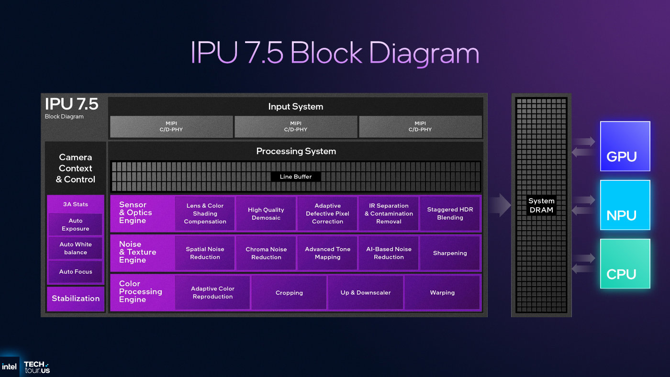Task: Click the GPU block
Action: [x=625, y=146]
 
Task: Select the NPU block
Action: [x=625, y=205]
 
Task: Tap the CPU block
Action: [x=625, y=264]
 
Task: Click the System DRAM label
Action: [x=541, y=205]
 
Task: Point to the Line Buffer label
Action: [x=296, y=177]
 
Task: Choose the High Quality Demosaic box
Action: [x=266, y=213]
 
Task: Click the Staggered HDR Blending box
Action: [x=450, y=213]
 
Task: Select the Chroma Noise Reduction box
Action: [x=266, y=253]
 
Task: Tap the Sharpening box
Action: [x=450, y=253]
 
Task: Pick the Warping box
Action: [x=442, y=292]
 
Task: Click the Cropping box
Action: [x=289, y=292]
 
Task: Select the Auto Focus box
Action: [x=76, y=272]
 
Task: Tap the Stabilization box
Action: [x=76, y=299]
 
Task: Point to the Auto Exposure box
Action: [x=76, y=224]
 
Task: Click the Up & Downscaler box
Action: [x=366, y=292]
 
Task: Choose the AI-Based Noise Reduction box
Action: [x=389, y=253]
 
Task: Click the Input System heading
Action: [x=296, y=106]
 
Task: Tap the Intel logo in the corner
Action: [x=9, y=367]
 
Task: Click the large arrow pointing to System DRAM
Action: [x=501, y=205]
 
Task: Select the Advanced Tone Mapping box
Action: [x=327, y=253]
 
